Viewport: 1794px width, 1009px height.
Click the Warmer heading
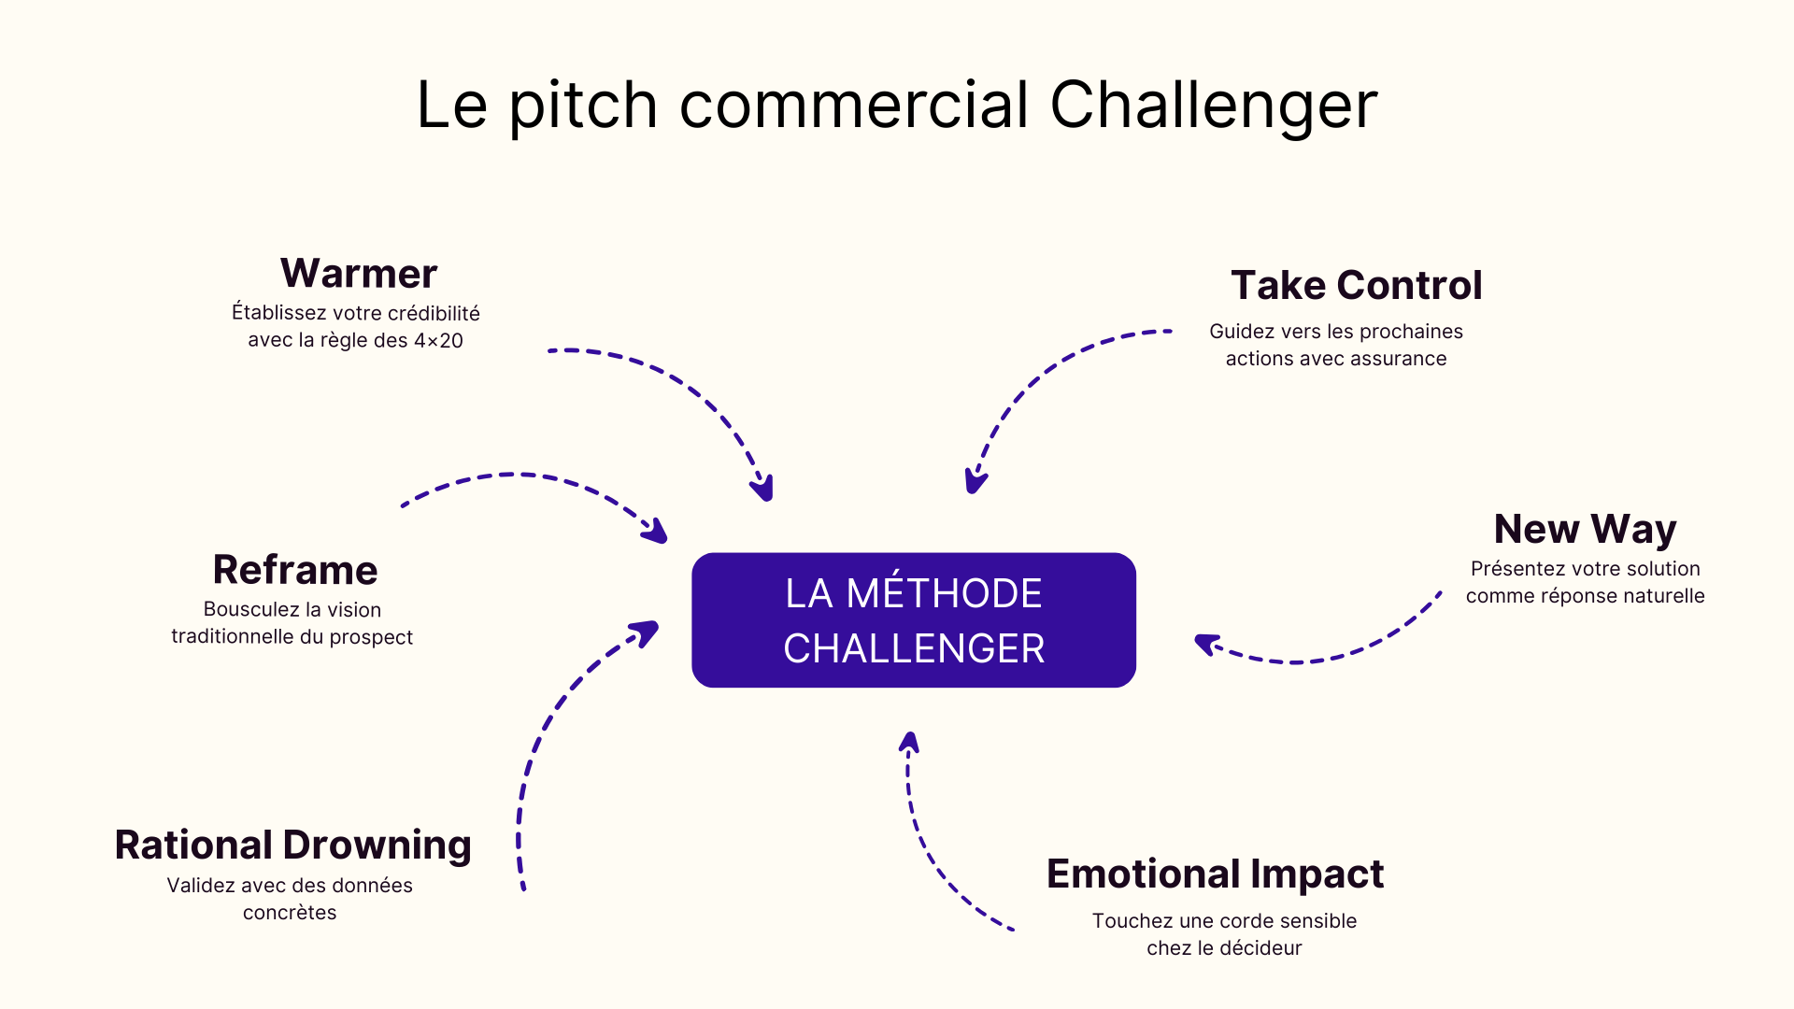pos(359,274)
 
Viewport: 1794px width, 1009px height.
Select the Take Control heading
pos(1356,286)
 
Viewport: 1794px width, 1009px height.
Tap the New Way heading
pos(1585,530)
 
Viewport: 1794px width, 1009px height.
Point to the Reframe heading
pos(295,570)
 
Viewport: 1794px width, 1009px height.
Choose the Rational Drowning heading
pos(292,846)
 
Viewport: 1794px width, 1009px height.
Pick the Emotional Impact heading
pos(1215,874)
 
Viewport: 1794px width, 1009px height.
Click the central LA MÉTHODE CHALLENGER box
pos(914,620)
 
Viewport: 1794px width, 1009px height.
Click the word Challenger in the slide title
pos(1214,105)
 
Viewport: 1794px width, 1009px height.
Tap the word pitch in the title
pos(584,105)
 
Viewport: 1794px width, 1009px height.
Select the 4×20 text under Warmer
pos(438,341)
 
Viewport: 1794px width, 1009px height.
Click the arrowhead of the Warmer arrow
pos(764,489)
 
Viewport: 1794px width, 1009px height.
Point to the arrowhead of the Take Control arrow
pos(975,482)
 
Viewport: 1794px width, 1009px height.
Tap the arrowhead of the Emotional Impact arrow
pos(909,742)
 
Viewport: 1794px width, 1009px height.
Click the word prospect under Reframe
pos(371,638)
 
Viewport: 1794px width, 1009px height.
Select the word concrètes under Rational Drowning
pos(290,913)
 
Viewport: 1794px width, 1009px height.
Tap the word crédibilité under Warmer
pos(434,313)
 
